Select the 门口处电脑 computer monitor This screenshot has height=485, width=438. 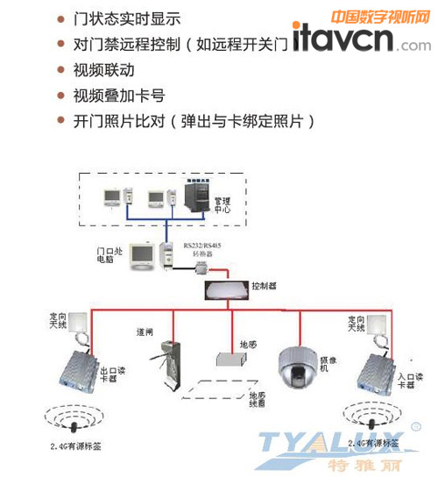pos(141,255)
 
